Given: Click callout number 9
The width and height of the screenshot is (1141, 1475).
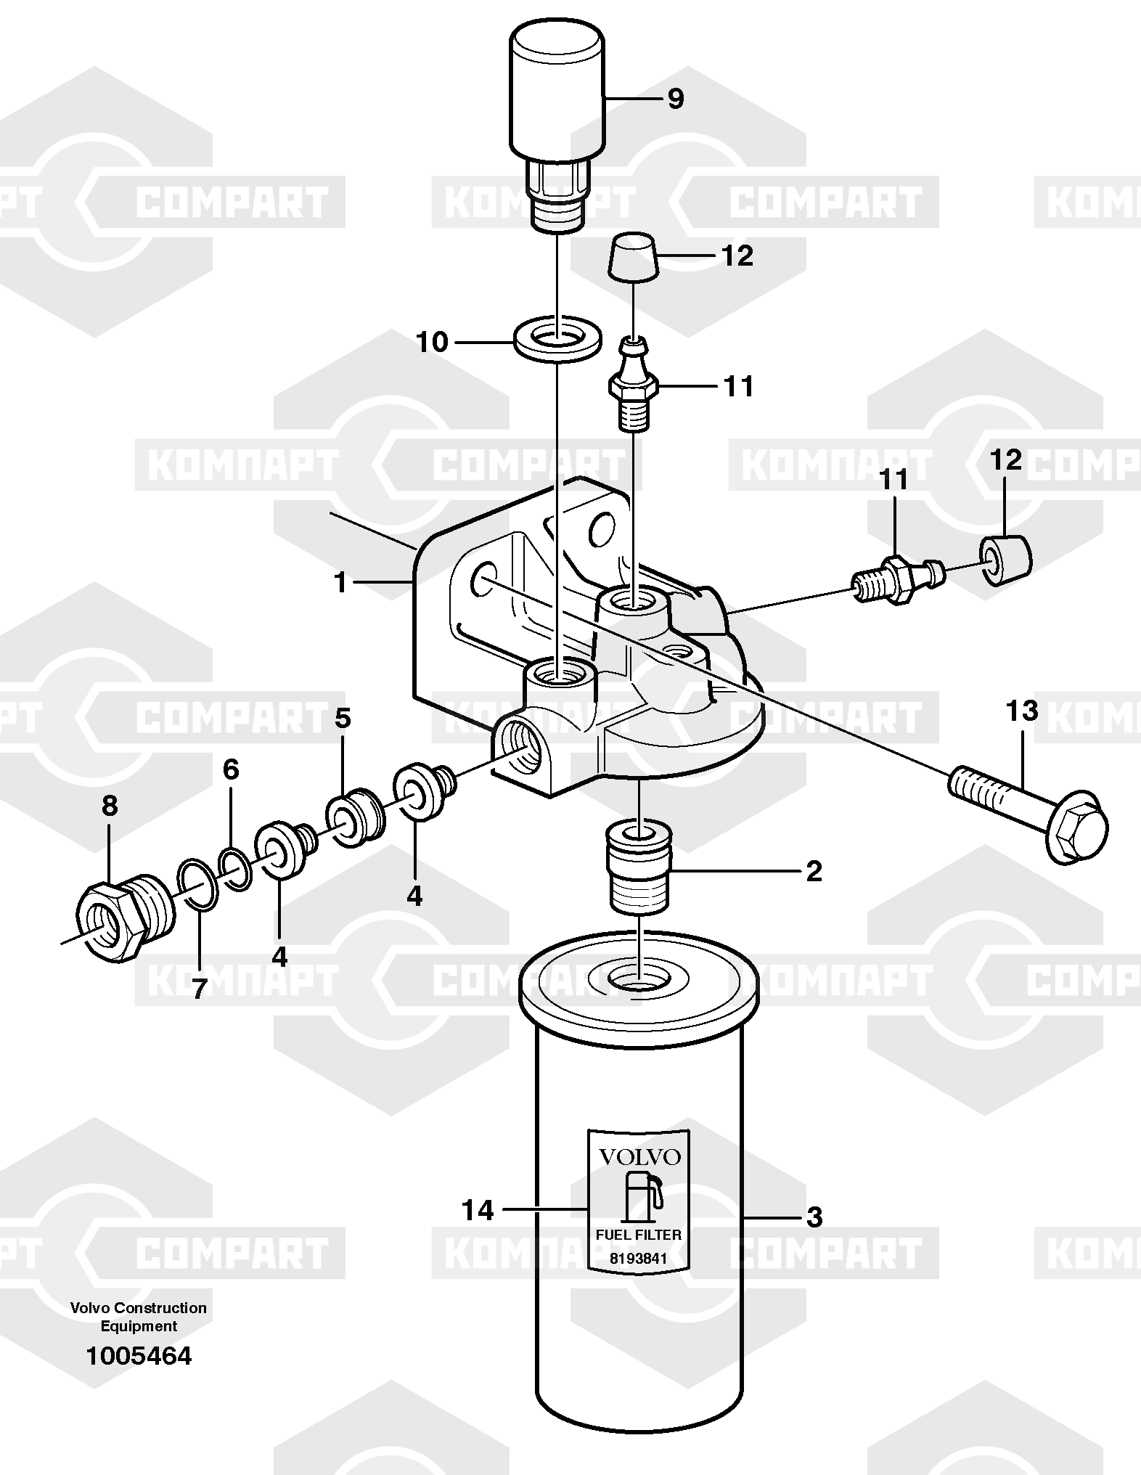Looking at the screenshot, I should point(675,98).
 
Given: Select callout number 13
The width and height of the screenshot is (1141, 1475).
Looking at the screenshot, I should point(1021,711).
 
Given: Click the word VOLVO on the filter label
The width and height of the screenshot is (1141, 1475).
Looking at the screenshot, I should point(638,1156).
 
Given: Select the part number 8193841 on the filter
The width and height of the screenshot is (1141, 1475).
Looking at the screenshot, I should point(638,1258).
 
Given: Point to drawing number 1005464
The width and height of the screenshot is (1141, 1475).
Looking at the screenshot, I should point(139,1355).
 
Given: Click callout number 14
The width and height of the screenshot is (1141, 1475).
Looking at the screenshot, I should point(478,1210).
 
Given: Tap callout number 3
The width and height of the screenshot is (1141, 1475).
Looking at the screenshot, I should point(814,1217).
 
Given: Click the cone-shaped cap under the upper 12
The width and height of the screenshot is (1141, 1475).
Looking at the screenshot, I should point(634,258).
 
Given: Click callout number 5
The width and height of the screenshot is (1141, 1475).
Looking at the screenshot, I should point(342,719).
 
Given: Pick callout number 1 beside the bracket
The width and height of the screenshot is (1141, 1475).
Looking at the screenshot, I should point(340,581).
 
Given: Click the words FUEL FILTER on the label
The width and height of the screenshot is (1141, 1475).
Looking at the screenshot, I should point(639,1234).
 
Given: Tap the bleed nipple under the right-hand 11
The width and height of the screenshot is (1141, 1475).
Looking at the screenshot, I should point(899,579).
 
